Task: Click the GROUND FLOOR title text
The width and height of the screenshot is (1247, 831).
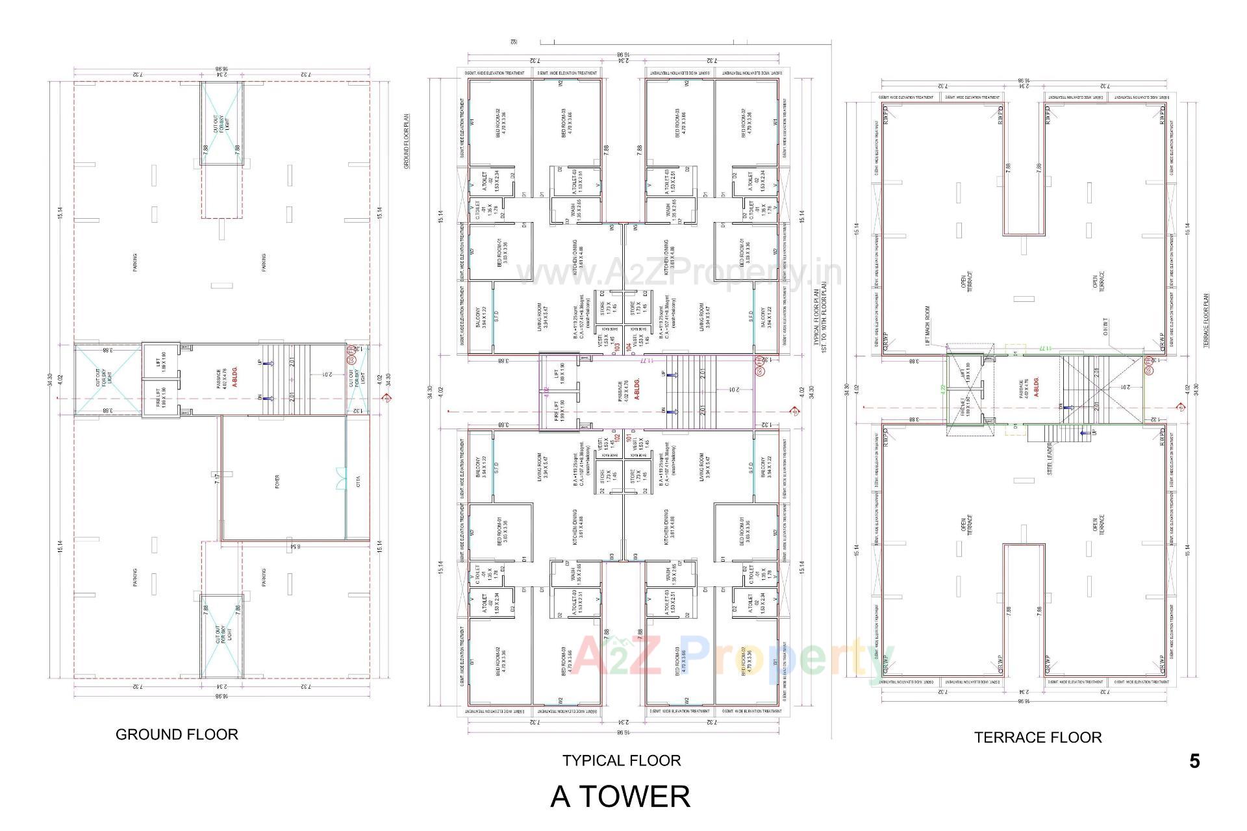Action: click(x=177, y=734)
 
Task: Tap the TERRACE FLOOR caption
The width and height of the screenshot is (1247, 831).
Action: click(x=1037, y=738)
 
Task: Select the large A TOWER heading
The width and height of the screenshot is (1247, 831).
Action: click(x=620, y=797)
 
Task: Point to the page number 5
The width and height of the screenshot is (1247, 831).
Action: click(x=1194, y=761)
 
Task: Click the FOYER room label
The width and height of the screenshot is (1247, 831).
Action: click(x=277, y=482)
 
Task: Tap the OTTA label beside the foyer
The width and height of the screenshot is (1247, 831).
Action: click(x=358, y=482)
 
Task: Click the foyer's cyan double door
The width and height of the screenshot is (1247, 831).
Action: click(x=340, y=479)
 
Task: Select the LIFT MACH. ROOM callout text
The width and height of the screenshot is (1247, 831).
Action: click(x=927, y=325)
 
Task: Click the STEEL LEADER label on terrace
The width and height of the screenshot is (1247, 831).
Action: click(x=1050, y=459)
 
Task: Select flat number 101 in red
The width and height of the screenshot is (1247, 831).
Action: click(x=629, y=437)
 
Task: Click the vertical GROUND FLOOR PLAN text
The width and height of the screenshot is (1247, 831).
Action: click(x=407, y=142)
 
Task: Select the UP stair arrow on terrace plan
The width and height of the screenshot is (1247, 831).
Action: click(x=1083, y=432)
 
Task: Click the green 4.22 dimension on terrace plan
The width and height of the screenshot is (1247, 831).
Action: click(x=942, y=391)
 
